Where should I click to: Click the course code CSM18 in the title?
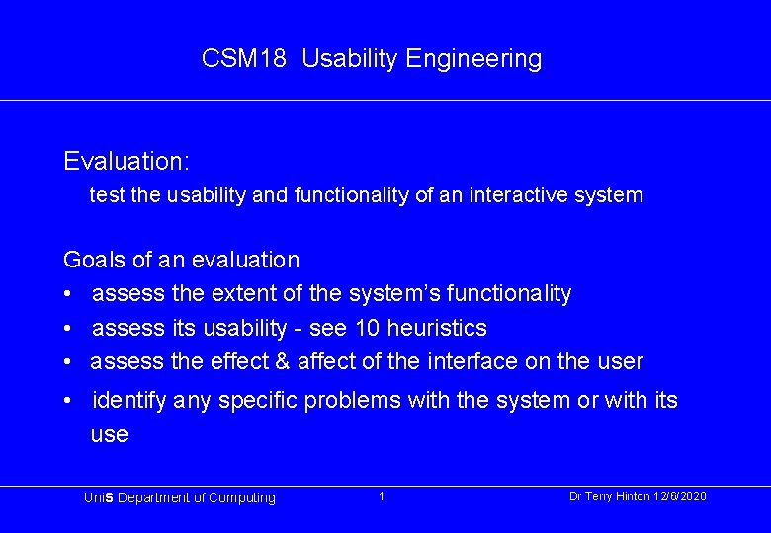(243, 59)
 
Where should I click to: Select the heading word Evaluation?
(127, 160)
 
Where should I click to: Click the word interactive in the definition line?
(530, 195)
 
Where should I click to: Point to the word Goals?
(94, 261)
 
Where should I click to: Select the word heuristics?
(438, 328)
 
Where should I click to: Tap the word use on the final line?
(109, 435)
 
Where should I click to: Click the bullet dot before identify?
(66, 401)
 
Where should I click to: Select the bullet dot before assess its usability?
(66, 328)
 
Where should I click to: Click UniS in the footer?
(100, 498)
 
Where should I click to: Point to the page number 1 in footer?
(382, 496)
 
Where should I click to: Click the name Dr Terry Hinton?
(609, 496)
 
